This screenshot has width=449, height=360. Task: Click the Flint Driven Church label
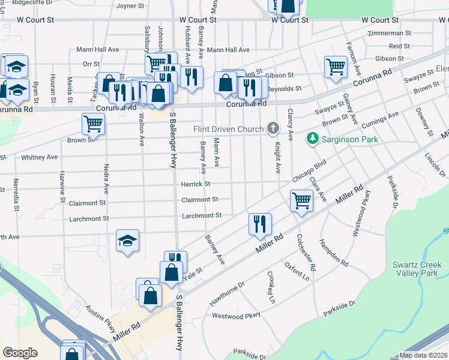coord(228,129)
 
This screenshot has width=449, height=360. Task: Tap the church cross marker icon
coord(273,128)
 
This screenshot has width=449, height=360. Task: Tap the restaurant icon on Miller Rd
coord(260,224)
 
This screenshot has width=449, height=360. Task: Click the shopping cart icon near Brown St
coord(93,124)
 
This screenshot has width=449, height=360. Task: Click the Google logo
coord(20,353)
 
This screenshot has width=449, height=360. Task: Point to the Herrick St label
coord(196,184)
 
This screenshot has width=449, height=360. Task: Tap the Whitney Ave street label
coord(39,157)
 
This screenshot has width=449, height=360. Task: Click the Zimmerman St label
coord(390,33)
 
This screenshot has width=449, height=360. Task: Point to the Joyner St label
coord(131,7)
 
